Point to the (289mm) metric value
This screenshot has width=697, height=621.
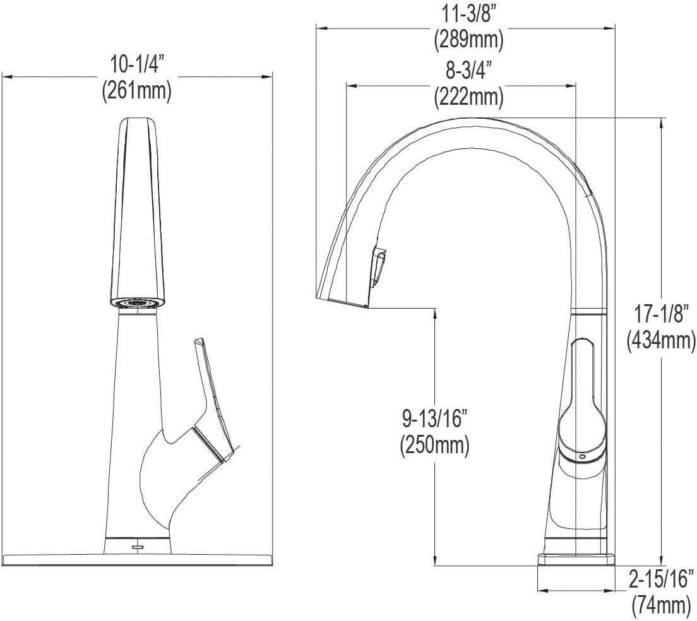(x=468, y=39)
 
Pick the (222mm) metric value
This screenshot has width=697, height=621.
(x=468, y=97)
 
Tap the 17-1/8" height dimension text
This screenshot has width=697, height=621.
(x=660, y=314)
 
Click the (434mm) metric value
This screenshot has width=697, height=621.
(x=660, y=340)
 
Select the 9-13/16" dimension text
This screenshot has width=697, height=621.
(x=434, y=419)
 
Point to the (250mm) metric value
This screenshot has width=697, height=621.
(x=434, y=446)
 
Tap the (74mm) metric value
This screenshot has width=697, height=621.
(x=660, y=605)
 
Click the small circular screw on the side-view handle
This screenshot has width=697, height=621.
(x=581, y=455)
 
